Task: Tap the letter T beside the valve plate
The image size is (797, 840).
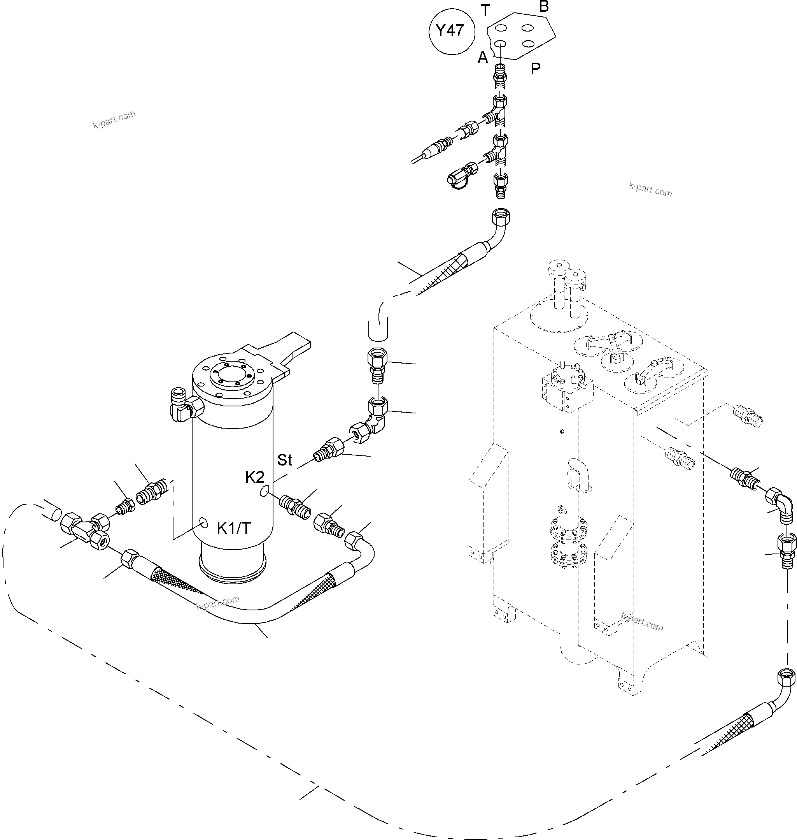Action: (485, 10)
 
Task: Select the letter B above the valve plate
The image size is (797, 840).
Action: (544, 7)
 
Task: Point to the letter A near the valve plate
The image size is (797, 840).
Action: (483, 57)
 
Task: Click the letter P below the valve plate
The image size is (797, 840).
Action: (535, 69)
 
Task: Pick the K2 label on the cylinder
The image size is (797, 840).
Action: (255, 477)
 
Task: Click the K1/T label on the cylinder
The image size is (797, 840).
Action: (234, 528)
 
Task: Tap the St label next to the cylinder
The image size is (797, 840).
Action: (285, 460)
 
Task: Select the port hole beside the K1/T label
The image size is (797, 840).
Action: (204, 523)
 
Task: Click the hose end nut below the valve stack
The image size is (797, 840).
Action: (501, 216)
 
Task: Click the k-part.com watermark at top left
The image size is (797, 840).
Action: (114, 119)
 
